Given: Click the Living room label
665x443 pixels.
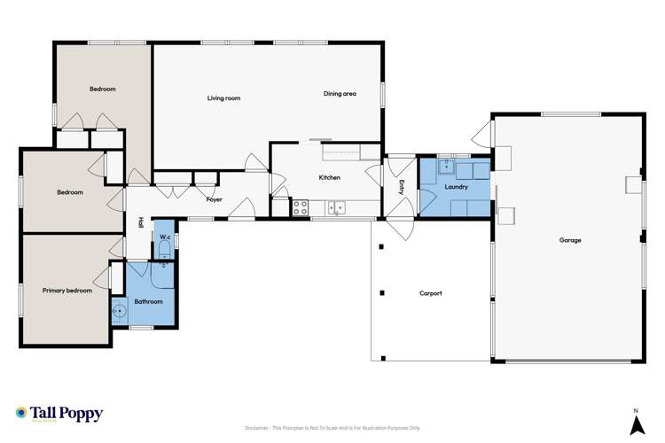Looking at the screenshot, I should (223, 98).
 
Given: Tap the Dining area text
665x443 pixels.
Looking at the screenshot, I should (340, 93).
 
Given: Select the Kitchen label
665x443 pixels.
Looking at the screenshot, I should (329, 178).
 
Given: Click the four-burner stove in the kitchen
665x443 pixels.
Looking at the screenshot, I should (300, 208).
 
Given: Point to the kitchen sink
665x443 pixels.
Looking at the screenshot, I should (336, 208).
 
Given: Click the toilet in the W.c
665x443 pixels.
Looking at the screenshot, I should (164, 253).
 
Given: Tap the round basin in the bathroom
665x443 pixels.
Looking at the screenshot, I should (119, 312).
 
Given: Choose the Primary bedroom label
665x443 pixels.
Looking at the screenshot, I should (66, 290).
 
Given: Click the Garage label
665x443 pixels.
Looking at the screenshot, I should (569, 240).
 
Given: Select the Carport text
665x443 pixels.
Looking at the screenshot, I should (430, 293).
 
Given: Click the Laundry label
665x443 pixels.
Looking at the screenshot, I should (456, 187).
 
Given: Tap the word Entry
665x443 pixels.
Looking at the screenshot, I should (402, 187).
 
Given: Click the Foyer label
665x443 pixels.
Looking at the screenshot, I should (214, 199).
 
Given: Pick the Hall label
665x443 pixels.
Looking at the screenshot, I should (140, 223).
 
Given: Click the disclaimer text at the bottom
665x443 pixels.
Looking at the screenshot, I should (332, 428).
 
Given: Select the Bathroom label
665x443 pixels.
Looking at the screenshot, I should (148, 301).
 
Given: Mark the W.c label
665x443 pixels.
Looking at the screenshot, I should (165, 237).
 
